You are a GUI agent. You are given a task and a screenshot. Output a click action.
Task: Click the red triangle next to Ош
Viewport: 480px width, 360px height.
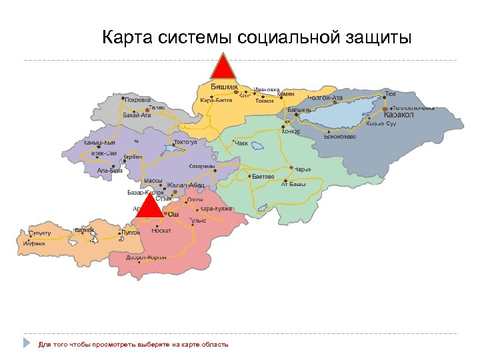(153, 206)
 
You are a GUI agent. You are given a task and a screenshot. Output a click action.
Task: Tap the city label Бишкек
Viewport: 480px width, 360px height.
(224, 87)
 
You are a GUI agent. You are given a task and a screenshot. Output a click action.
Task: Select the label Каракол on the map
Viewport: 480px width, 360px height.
(399, 115)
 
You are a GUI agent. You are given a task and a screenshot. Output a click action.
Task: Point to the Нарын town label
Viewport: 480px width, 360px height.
(303, 169)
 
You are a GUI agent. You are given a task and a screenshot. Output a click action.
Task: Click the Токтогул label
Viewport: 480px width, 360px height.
(185, 142)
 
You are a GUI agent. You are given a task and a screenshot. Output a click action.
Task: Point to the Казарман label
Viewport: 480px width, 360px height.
(202, 167)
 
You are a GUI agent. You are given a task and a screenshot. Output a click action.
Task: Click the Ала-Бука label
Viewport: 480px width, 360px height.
(110, 170)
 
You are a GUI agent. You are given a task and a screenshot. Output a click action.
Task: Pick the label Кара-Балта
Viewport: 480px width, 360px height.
(216, 100)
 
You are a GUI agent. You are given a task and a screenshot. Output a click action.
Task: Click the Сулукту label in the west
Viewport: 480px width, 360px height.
(40, 233)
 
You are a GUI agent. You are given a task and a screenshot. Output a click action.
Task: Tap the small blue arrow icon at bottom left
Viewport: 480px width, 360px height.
(27, 343)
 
